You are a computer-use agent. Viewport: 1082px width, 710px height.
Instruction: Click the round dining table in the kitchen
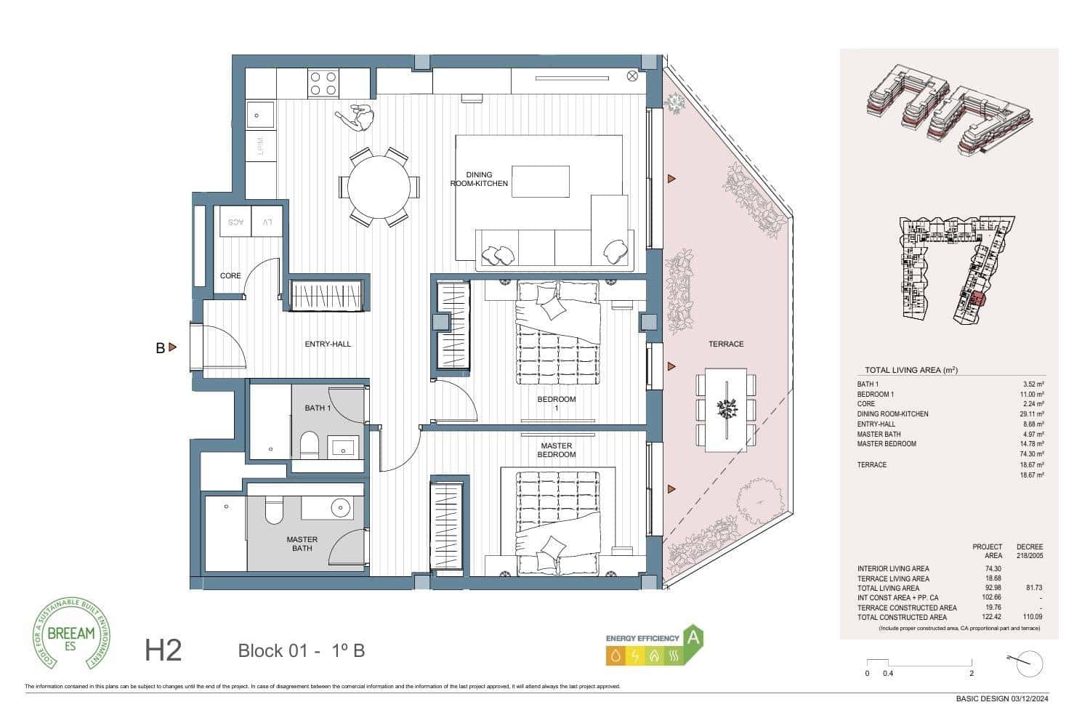pyautogui.click(x=379, y=187)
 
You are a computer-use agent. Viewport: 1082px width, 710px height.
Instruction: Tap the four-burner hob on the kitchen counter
pyautogui.click(x=323, y=83)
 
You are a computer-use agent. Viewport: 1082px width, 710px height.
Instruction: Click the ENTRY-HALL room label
pyautogui.click(x=328, y=344)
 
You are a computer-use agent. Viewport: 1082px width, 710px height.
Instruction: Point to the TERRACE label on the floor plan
pyautogui.click(x=726, y=344)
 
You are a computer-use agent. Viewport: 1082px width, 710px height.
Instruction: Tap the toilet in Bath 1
pyautogui.click(x=309, y=444)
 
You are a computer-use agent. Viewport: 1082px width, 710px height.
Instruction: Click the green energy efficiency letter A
pyautogui.click(x=693, y=638)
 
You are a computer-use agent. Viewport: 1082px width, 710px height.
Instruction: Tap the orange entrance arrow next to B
pyautogui.click(x=172, y=347)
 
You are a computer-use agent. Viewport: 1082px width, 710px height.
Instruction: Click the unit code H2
pyautogui.click(x=163, y=650)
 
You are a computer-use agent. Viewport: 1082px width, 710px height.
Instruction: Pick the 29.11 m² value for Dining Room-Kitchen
pyautogui.click(x=1032, y=414)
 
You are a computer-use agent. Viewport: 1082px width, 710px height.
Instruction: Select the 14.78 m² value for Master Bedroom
pyautogui.click(x=1032, y=444)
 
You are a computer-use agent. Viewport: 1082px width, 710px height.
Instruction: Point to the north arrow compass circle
pyautogui.click(x=1030, y=663)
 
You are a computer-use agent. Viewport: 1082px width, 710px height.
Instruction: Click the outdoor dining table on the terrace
pyautogui.click(x=726, y=408)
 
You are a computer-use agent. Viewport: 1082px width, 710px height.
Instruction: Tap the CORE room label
pyautogui.click(x=230, y=276)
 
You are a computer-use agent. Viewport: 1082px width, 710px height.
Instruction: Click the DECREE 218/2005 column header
pyautogui.click(x=1029, y=551)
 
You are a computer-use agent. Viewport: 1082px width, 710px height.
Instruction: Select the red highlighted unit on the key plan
pyautogui.click(x=977, y=297)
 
